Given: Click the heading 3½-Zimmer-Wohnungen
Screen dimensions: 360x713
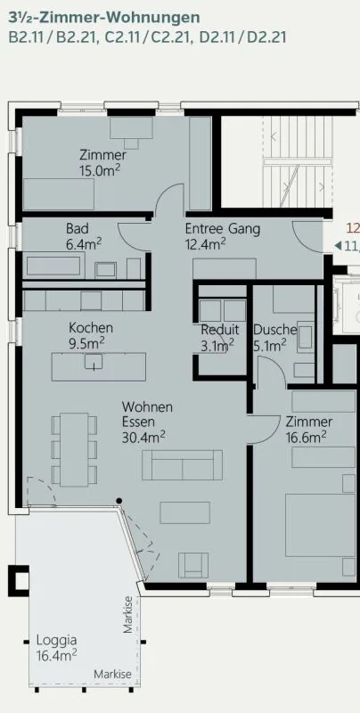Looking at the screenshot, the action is [104, 18].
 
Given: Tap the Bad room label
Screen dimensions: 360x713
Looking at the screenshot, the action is [78, 228].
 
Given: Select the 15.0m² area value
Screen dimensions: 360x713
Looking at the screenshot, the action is [101, 169].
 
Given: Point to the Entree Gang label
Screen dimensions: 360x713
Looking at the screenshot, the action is [223, 228].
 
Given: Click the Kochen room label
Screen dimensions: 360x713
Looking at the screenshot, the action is [91, 327].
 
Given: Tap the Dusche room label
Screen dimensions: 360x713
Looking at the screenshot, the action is [275, 329].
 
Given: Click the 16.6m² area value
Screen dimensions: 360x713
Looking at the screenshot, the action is [306, 437].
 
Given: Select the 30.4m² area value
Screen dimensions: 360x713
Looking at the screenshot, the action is [143, 437].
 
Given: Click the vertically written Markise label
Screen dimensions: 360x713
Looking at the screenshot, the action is [128, 614].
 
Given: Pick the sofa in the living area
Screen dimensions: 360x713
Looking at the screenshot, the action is [183, 465].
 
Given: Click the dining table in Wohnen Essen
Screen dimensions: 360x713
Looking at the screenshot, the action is [74, 450].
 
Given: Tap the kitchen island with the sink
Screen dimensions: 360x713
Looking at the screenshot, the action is [99, 366].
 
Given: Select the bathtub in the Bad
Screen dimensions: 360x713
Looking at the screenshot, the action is [53, 266].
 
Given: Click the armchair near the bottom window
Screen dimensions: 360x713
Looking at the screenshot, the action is [193, 565].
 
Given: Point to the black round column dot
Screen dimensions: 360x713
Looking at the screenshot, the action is [119, 501].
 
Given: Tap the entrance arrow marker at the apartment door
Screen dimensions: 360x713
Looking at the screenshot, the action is [338, 246].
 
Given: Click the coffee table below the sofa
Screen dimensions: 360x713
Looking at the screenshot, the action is [185, 512].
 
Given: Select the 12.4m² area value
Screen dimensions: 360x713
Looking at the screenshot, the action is [206, 244].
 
